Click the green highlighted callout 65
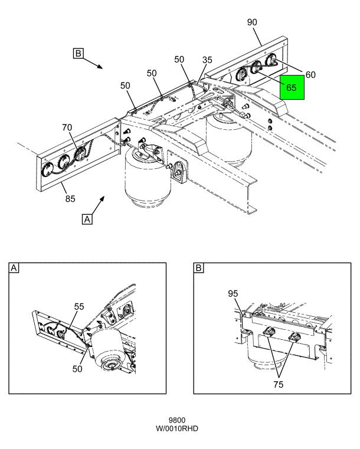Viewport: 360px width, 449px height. pos(292,87)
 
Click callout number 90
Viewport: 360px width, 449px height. pos(252,22)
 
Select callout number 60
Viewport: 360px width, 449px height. pos(310,75)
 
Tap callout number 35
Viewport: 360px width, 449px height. pos(207,60)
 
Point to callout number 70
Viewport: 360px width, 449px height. pos(67,127)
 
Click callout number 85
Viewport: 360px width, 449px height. pos(70,198)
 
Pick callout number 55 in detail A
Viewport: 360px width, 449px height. pos(79,306)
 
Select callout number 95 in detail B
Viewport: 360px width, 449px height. pos(233,293)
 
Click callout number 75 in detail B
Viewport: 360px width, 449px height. pos(278,384)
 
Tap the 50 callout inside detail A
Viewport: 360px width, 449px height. pos(77,369)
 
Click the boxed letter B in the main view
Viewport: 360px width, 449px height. pos(78,54)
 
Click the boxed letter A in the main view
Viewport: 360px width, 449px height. pos(87,219)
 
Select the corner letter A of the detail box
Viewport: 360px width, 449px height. pos(14,268)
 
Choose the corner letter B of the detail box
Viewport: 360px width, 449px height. pos(198,268)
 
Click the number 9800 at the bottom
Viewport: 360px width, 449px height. pos(176,420)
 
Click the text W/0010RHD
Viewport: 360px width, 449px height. pos(176,428)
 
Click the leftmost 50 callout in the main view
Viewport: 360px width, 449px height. pos(125,86)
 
